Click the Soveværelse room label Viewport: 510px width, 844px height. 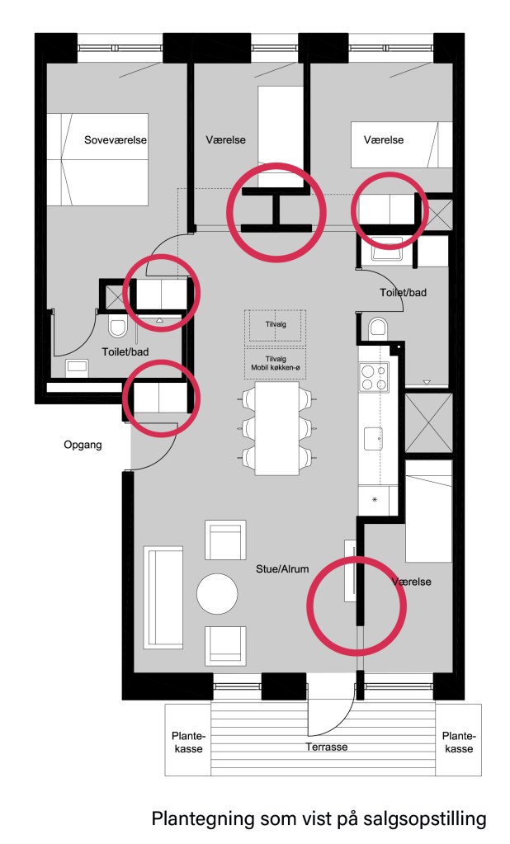pos(116,140)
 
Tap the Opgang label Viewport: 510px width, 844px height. pos(83,445)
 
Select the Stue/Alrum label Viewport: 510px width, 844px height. pos(282,568)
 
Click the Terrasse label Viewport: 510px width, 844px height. pos(326,747)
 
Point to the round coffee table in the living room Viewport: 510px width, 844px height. pos(217,594)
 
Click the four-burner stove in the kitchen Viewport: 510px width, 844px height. pos(375,377)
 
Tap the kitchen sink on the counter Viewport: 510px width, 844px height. pos(373,438)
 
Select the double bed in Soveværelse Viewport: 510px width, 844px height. pos(97,159)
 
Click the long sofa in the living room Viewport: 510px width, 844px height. pos(163,597)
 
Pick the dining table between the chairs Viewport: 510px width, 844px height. pos(277,428)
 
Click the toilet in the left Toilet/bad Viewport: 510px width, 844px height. pos(117,328)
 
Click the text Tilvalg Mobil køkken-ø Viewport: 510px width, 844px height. pos(275,363)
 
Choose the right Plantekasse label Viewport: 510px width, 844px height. pos(459,743)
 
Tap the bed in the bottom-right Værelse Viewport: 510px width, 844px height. pos(428,512)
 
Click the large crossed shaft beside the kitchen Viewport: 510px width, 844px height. pos(428,423)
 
